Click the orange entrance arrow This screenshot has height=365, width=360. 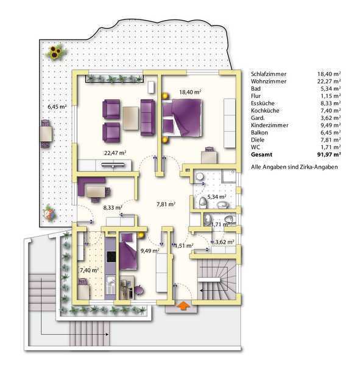[183, 305]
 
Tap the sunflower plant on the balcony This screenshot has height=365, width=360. [55, 53]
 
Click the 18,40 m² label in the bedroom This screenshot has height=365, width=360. [190, 92]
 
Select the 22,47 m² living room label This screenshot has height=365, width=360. [115, 153]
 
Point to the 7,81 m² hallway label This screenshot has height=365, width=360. [166, 204]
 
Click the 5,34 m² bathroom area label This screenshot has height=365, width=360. [217, 196]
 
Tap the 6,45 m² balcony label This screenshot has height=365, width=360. [57, 107]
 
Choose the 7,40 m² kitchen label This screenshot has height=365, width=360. [89, 270]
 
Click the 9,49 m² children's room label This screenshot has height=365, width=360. [150, 251]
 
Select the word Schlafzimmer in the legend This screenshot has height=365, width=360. [269, 74]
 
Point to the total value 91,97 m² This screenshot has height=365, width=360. [329, 155]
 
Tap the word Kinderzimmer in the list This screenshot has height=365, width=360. [269, 125]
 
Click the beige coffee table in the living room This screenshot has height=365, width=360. [130, 118]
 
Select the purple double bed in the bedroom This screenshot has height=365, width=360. [182, 117]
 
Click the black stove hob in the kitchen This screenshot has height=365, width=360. [111, 257]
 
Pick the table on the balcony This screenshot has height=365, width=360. [46, 134]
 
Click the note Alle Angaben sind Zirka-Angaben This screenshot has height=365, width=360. [294, 167]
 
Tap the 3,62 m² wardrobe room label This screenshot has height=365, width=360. [224, 242]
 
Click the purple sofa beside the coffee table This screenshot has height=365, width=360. [147, 117]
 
